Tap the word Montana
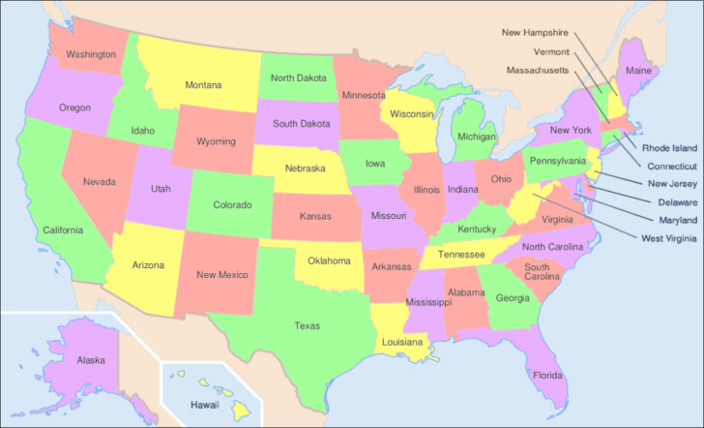pos(203,85)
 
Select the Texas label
pos(307,325)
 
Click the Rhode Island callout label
pos(669,148)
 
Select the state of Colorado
pos(232,204)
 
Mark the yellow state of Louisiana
pos(401,342)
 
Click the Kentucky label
pos(478,229)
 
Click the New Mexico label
pos(221,274)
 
